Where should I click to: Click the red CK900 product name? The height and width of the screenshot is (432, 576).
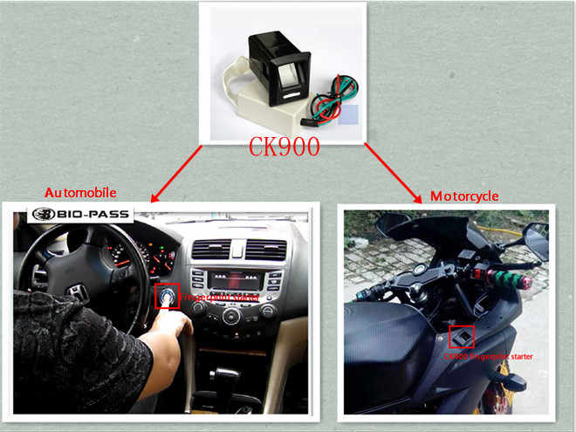pyautogui.click(x=284, y=146)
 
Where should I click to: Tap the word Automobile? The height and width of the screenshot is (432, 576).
pyautogui.click(x=80, y=191)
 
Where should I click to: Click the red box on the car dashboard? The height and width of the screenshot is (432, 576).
pyautogui.click(x=165, y=297)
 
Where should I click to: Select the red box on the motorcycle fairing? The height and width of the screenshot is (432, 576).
pyautogui.click(x=462, y=337)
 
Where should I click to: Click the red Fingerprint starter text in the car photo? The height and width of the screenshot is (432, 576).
pyautogui.click(x=207, y=298)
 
